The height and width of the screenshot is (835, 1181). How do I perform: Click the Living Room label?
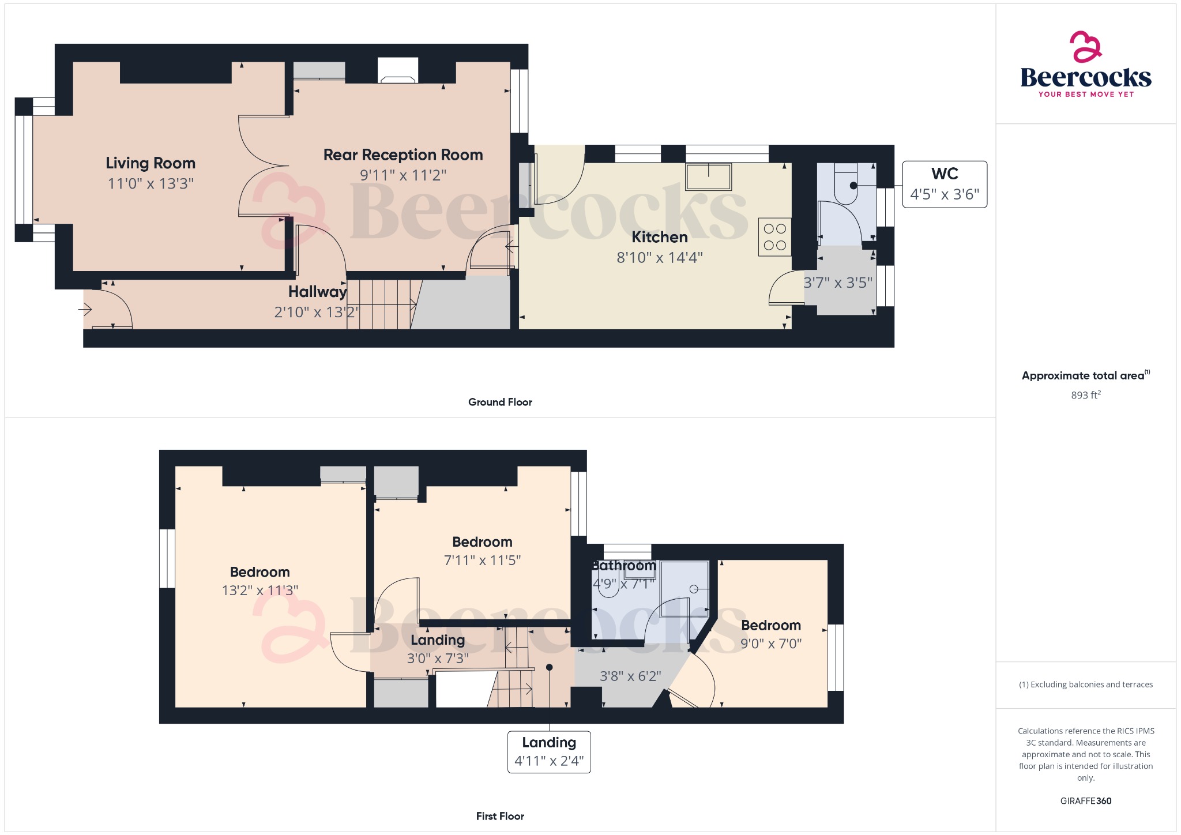coord(151,163)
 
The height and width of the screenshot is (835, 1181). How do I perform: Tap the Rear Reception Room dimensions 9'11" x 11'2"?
coord(403,175)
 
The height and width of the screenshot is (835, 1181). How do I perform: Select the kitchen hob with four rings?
coord(774,237)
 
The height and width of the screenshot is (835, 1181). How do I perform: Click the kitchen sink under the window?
coord(708,176)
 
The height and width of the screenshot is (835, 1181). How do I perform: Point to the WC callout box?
coord(944,184)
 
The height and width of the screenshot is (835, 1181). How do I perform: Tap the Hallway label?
coord(317,292)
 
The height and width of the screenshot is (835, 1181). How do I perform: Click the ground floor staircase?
coord(381,304)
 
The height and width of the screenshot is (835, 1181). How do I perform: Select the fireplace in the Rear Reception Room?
coord(398,72)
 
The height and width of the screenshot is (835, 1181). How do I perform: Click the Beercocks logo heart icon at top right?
coord(1085,47)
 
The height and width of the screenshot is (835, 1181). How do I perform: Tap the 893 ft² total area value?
coord(1085,395)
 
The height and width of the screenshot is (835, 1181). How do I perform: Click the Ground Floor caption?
coord(500,402)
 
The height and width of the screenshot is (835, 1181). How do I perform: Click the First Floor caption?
coord(500,816)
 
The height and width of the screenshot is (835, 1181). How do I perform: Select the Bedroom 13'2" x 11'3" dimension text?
coord(260,590)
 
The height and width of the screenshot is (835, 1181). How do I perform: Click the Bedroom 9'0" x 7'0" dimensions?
coord(771,644)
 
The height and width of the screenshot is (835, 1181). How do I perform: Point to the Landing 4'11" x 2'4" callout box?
coord(549,751)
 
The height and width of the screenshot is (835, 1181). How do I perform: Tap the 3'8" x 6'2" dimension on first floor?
coord(630,676)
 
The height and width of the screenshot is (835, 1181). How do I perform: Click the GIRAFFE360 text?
coord(1085,801)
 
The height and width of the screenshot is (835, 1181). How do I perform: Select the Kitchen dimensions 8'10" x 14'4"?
coord(660,257)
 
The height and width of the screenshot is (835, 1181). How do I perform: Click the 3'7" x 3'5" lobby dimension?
coord(838,283)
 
